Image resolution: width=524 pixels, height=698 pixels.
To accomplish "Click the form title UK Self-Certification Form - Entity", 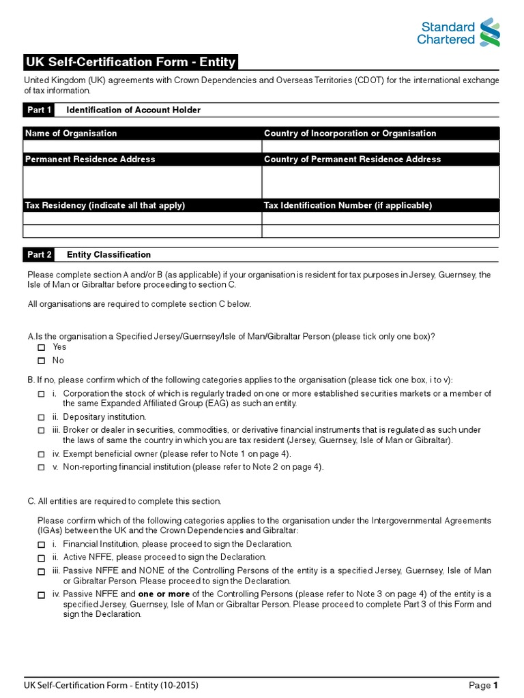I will pyautogui.click(x=130, y=63).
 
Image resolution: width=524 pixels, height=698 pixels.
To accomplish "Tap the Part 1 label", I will pyautogui.click(x=40, y=110).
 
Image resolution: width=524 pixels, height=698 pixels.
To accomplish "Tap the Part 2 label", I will pyautogui.click(x=40, y=255).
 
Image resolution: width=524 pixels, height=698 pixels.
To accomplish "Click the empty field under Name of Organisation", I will pyautogui.click(x=143, y=147).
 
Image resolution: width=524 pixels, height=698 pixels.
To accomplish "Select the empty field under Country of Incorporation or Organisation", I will pyautogui.click(x=381, y=147).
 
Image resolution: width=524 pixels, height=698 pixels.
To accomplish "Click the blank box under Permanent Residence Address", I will pyautogui.click(x=143, y=182).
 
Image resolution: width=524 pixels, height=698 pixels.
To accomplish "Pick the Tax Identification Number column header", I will pyautogui.click(x=348, y=205).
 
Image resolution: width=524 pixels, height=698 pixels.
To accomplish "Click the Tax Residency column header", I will pyautogui.click(x=105, y=205).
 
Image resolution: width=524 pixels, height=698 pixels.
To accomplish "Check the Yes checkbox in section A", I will pyautogui.click(x=41, y=348).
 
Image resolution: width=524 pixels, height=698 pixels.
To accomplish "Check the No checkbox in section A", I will pyautogui.click(x=41, y=361).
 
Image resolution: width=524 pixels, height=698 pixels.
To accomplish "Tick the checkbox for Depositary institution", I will pyautogui.click(x=41, y=416).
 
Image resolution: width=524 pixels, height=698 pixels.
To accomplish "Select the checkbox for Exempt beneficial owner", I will pyautogui.click(x=41, y=454).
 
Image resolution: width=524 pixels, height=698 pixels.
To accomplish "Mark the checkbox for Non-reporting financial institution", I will pyautogui.click(x=41, y=468).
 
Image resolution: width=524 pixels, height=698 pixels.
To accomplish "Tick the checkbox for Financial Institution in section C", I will pyautogui.click(x=41, y=545).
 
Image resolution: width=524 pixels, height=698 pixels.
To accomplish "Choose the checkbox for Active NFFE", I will pyautogui.click(x=41, y=558).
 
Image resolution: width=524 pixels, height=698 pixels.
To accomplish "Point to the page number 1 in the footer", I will pyautogui.click(x=496, y=685).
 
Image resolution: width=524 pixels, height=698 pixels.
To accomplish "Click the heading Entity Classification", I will pyautogui.click(x=108, y=255).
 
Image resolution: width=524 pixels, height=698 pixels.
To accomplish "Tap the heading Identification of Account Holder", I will pyautogui.click(x=133, y=110).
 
